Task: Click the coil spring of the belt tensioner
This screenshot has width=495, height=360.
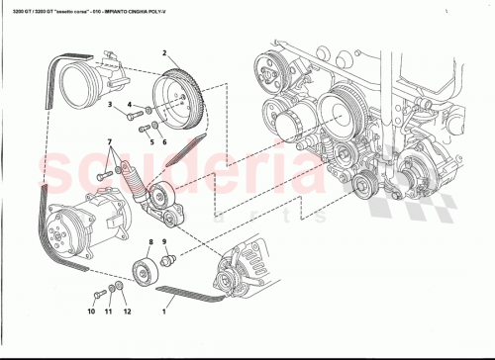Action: (130, 184)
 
